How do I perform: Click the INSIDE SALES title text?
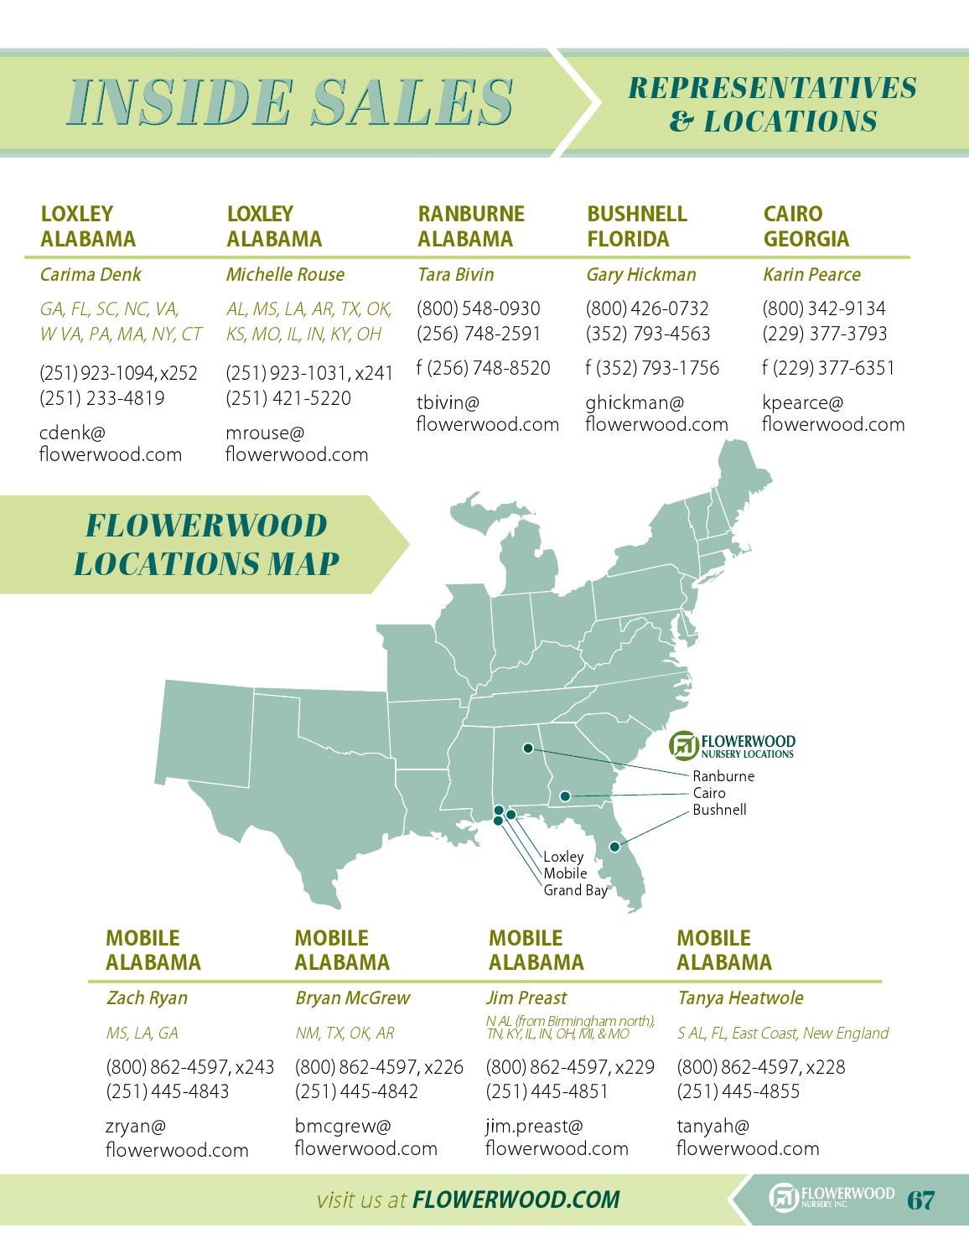click(x=290, y=102)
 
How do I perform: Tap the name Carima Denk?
click(x=91, y=274)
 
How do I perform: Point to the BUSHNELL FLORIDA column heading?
click(x=636, y=226)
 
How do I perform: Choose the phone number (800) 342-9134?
click(x=823, y=308)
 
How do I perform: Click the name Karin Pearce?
click(x=811, y=274)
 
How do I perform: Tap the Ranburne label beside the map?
click(x=723, y=776)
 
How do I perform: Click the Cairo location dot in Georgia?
click(x=566, y=795)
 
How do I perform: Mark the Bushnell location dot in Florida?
click(x=614, y=847)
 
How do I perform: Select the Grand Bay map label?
click(x=574, y=890)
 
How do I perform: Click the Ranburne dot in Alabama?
click(x=528, y=747)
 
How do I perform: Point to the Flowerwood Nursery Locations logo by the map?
click(x=733, y=744)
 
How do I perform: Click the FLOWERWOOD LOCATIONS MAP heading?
click(x=206, y=544)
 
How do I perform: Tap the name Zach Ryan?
click(x=147, y=997)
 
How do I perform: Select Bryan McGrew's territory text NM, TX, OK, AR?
click(x=345, y=1033)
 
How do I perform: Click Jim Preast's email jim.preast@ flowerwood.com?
click(x=557, y=1137)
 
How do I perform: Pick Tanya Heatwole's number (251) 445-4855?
click(x=738, y=1091)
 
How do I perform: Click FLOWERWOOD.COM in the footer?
click(x=516, y=1200)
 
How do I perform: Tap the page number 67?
click(x=920, y=1200)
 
